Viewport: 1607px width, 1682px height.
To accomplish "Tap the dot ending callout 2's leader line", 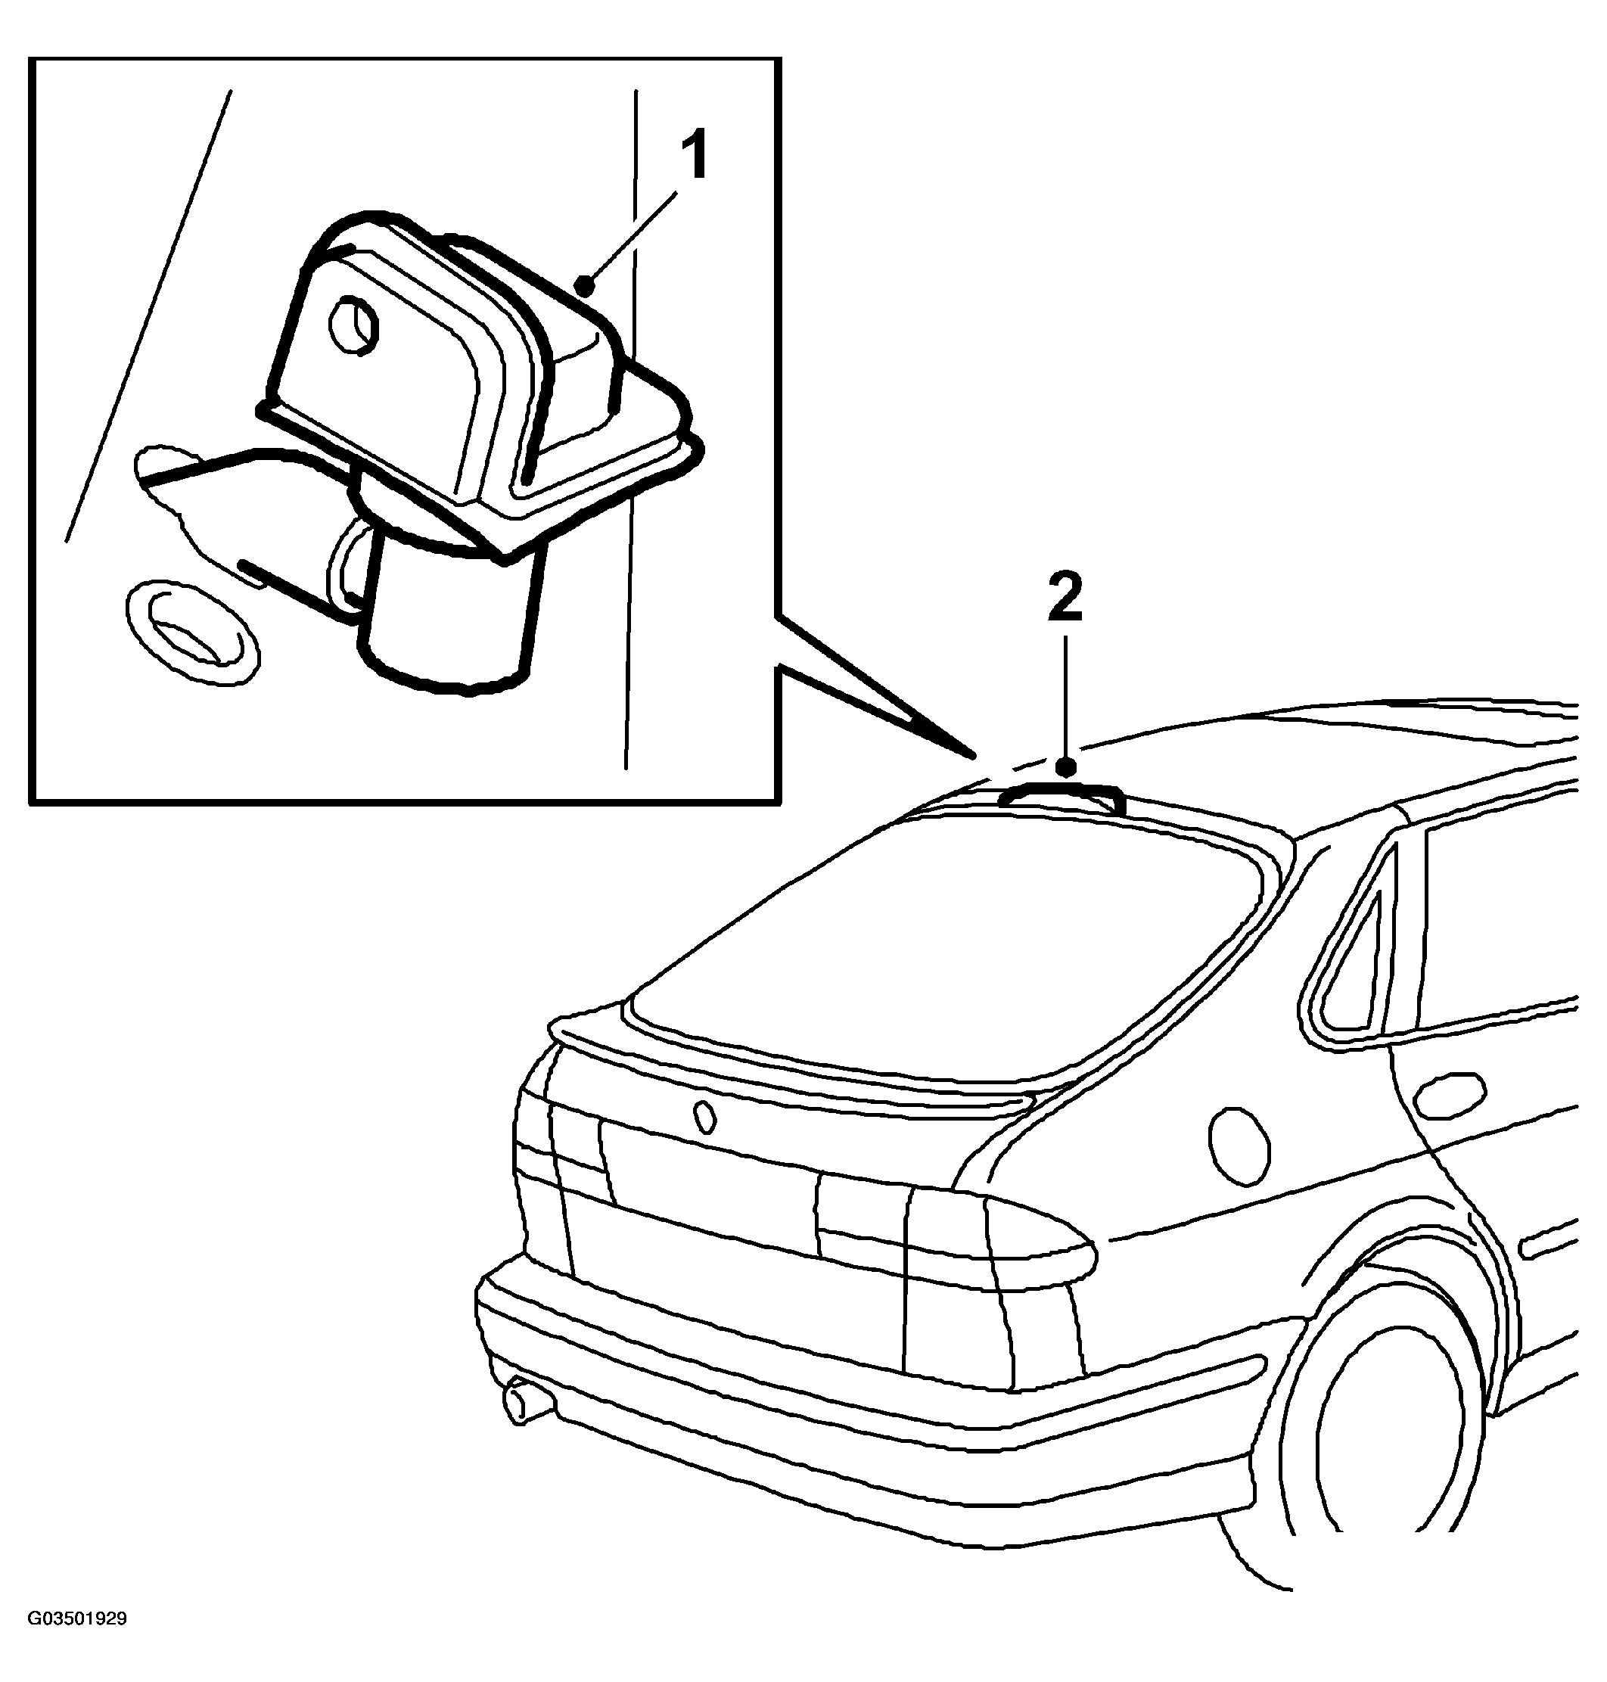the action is coord(1067,767).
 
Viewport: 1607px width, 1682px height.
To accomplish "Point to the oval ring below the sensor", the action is coord(192,634).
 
